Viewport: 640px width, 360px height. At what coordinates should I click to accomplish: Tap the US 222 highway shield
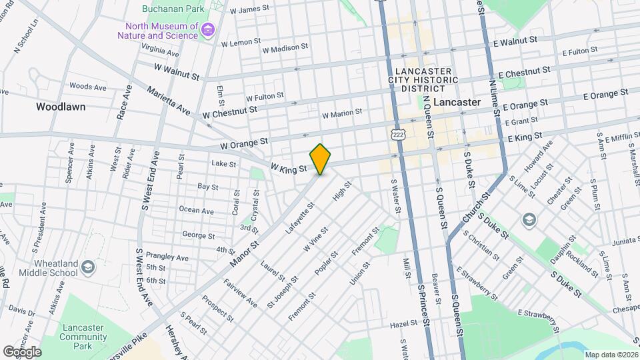click(399, 133)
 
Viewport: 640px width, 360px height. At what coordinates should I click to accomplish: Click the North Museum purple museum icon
click(209, 30)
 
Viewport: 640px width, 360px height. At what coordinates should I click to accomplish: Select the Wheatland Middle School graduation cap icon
click(88, 269)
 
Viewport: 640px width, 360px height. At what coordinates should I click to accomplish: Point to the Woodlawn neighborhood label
click(61, 107)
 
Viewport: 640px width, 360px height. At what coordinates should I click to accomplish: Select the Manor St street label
click(243, 251)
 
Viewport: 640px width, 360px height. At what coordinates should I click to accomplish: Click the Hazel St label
click(405, 324)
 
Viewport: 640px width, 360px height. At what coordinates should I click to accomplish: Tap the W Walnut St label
click(176, 72)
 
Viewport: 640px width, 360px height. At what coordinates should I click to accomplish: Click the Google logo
click(22, 351)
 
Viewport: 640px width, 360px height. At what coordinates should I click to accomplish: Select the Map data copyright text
click(610, 355)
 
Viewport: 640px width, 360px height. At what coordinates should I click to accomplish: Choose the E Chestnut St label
click(524, 71)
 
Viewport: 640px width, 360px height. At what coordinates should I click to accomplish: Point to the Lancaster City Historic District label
click(423, 80)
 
